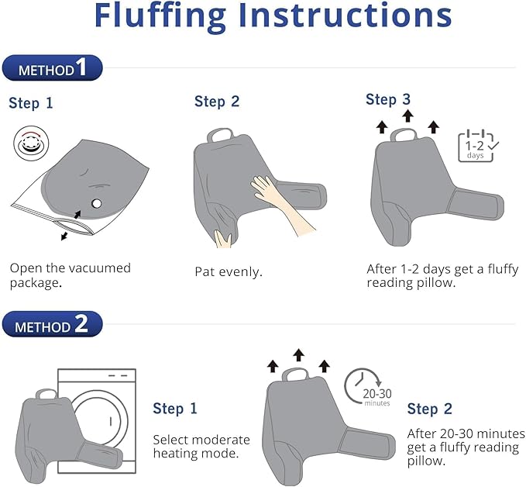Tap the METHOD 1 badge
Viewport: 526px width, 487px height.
pyautogui.click(x=52, y=67)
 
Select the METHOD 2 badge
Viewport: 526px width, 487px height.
pyautogui.click(x=52, y=324)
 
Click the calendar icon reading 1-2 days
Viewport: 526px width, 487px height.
pyautogui.click(x=478, y=146)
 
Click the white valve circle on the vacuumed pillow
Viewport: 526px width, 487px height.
pyautogui.click(x=96, y=203)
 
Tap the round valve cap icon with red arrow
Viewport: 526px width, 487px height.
pyautogui.click(x=31, y=143)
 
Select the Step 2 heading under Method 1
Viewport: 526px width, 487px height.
pyautogui.click(x=217, y=102)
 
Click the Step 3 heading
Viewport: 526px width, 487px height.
pyautogui.click(x=388, y=99)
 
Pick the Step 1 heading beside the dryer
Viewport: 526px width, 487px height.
pyautogui.click(x=175, y=409)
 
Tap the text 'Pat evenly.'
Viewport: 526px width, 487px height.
pyautogui.click(x=228, y=271)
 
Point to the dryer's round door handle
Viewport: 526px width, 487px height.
pyautogui.click(x=111, y=421)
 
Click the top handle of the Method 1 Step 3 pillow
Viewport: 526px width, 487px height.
pyautogui.click(x=404, y=135)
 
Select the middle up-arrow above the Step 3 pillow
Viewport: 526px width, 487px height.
pyautogui.click(x=407, y=116)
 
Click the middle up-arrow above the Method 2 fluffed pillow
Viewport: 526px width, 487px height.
pyautogui.click(x=298, y=355)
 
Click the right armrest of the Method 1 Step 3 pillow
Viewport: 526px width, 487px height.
pyautogui.click(x=476, y=203)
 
